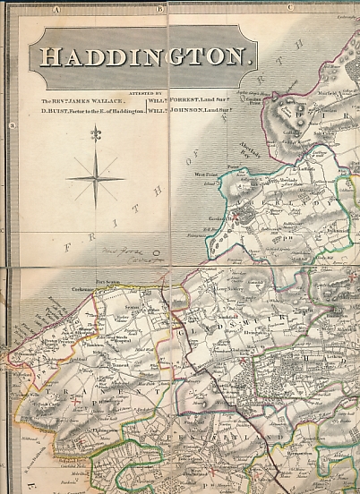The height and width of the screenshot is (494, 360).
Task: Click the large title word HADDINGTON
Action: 143,57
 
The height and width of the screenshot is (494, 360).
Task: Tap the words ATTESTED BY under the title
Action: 147,92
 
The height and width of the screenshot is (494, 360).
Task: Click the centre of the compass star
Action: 95,177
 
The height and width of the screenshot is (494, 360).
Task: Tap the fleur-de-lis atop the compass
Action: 95,135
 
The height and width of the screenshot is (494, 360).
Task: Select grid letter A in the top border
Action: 56,9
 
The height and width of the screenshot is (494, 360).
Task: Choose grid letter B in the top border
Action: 158,9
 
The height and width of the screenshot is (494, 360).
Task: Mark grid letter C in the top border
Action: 291,9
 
